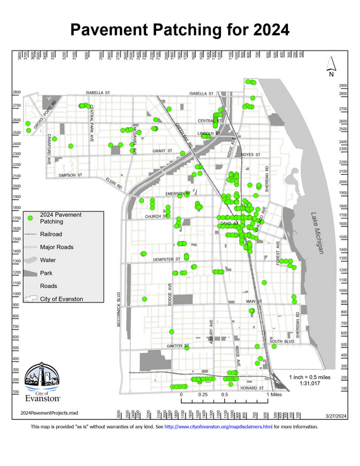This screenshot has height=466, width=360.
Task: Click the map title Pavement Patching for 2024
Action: pyautogui.click(x=179, y=30)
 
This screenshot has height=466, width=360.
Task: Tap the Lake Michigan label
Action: pyautogui.click(x=316, y=233)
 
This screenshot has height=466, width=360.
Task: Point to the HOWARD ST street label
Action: pyautogui.click(x=252, y=389)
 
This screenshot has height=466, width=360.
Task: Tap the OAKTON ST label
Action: pyautogui.click(x=178, y=346)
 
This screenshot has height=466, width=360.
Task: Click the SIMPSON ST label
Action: pyautogui.click(x=70, y=174)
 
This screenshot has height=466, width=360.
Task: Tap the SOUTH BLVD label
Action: pyautogui.click(x=282, y=342)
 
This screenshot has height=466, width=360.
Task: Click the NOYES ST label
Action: pyautogui.click(x=250, y=155)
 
